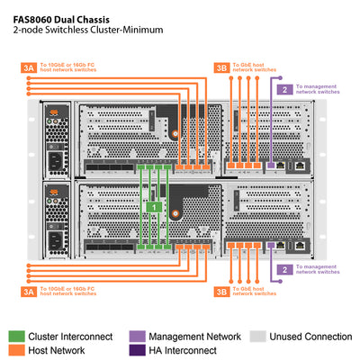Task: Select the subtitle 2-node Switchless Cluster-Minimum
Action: pyautogui.click(x=87, y=30)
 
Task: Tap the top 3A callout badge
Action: pyautogui.click(x=28, y=67)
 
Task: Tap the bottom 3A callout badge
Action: pyautogui.click(x=28, y=291)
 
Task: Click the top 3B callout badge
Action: pyautogui.click(x=221, y=67)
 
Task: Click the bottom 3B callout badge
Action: pyautogui.click(x=221, y=291)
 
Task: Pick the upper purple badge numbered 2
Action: pyautogui.click(x=284, y=89)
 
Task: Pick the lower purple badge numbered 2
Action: pyautogui.click(x=284, y=269)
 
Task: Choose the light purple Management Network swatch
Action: pyautogui.click(x=136, y=337)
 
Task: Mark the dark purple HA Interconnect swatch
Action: pyautogui.click(x=136, y=350)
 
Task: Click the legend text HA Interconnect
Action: pyautogui.click(x=183, y=350)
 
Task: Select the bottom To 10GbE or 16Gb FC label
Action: pyautogui.click(x=67, y=291)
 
